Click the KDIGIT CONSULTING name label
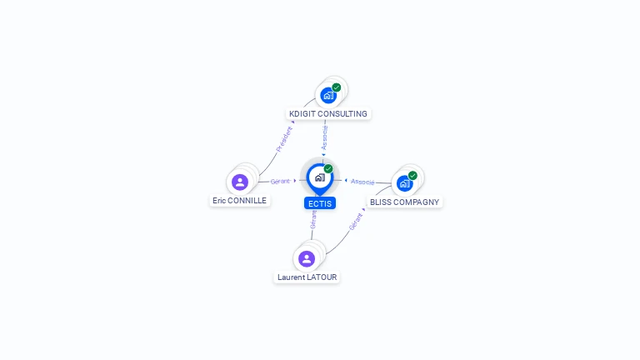pyautogui.click(x=327, y=114)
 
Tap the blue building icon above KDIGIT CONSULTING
pyautogui.click(x=328, y=95)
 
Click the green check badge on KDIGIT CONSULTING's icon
pyautogui.click(x=337, y=87)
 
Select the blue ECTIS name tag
pyautogui.click(x=320, y=203)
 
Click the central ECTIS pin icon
pyautogui.click(x=319, y=177)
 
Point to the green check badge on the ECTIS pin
pyautogui.click(x=328, y=169)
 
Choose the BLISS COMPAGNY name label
pyautogui.click(x=404, y=202)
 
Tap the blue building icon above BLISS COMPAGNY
pyautogui.click(x=404, y=183)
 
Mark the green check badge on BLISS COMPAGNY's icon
pyautogui.click(x=412, y=176)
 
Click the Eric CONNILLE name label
pyautogui.click(x=239, y=201)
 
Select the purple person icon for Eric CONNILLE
pyautogui.click(x=240, y=182)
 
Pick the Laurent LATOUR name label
pyautogui.click(x=307, y=277)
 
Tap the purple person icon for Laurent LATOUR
pyautogui.click(x=307, y=258)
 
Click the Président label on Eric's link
pyautogui.click(x=284, y=138)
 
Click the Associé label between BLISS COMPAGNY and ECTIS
pyautogui.click(x=362, y=181)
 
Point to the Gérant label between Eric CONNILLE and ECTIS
pyautogui.click(x=280, y=181)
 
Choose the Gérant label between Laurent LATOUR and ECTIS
pyautogui.click(x=313, y=219)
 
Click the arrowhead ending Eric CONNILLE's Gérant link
pyautogui.click(x=295, y=181)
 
